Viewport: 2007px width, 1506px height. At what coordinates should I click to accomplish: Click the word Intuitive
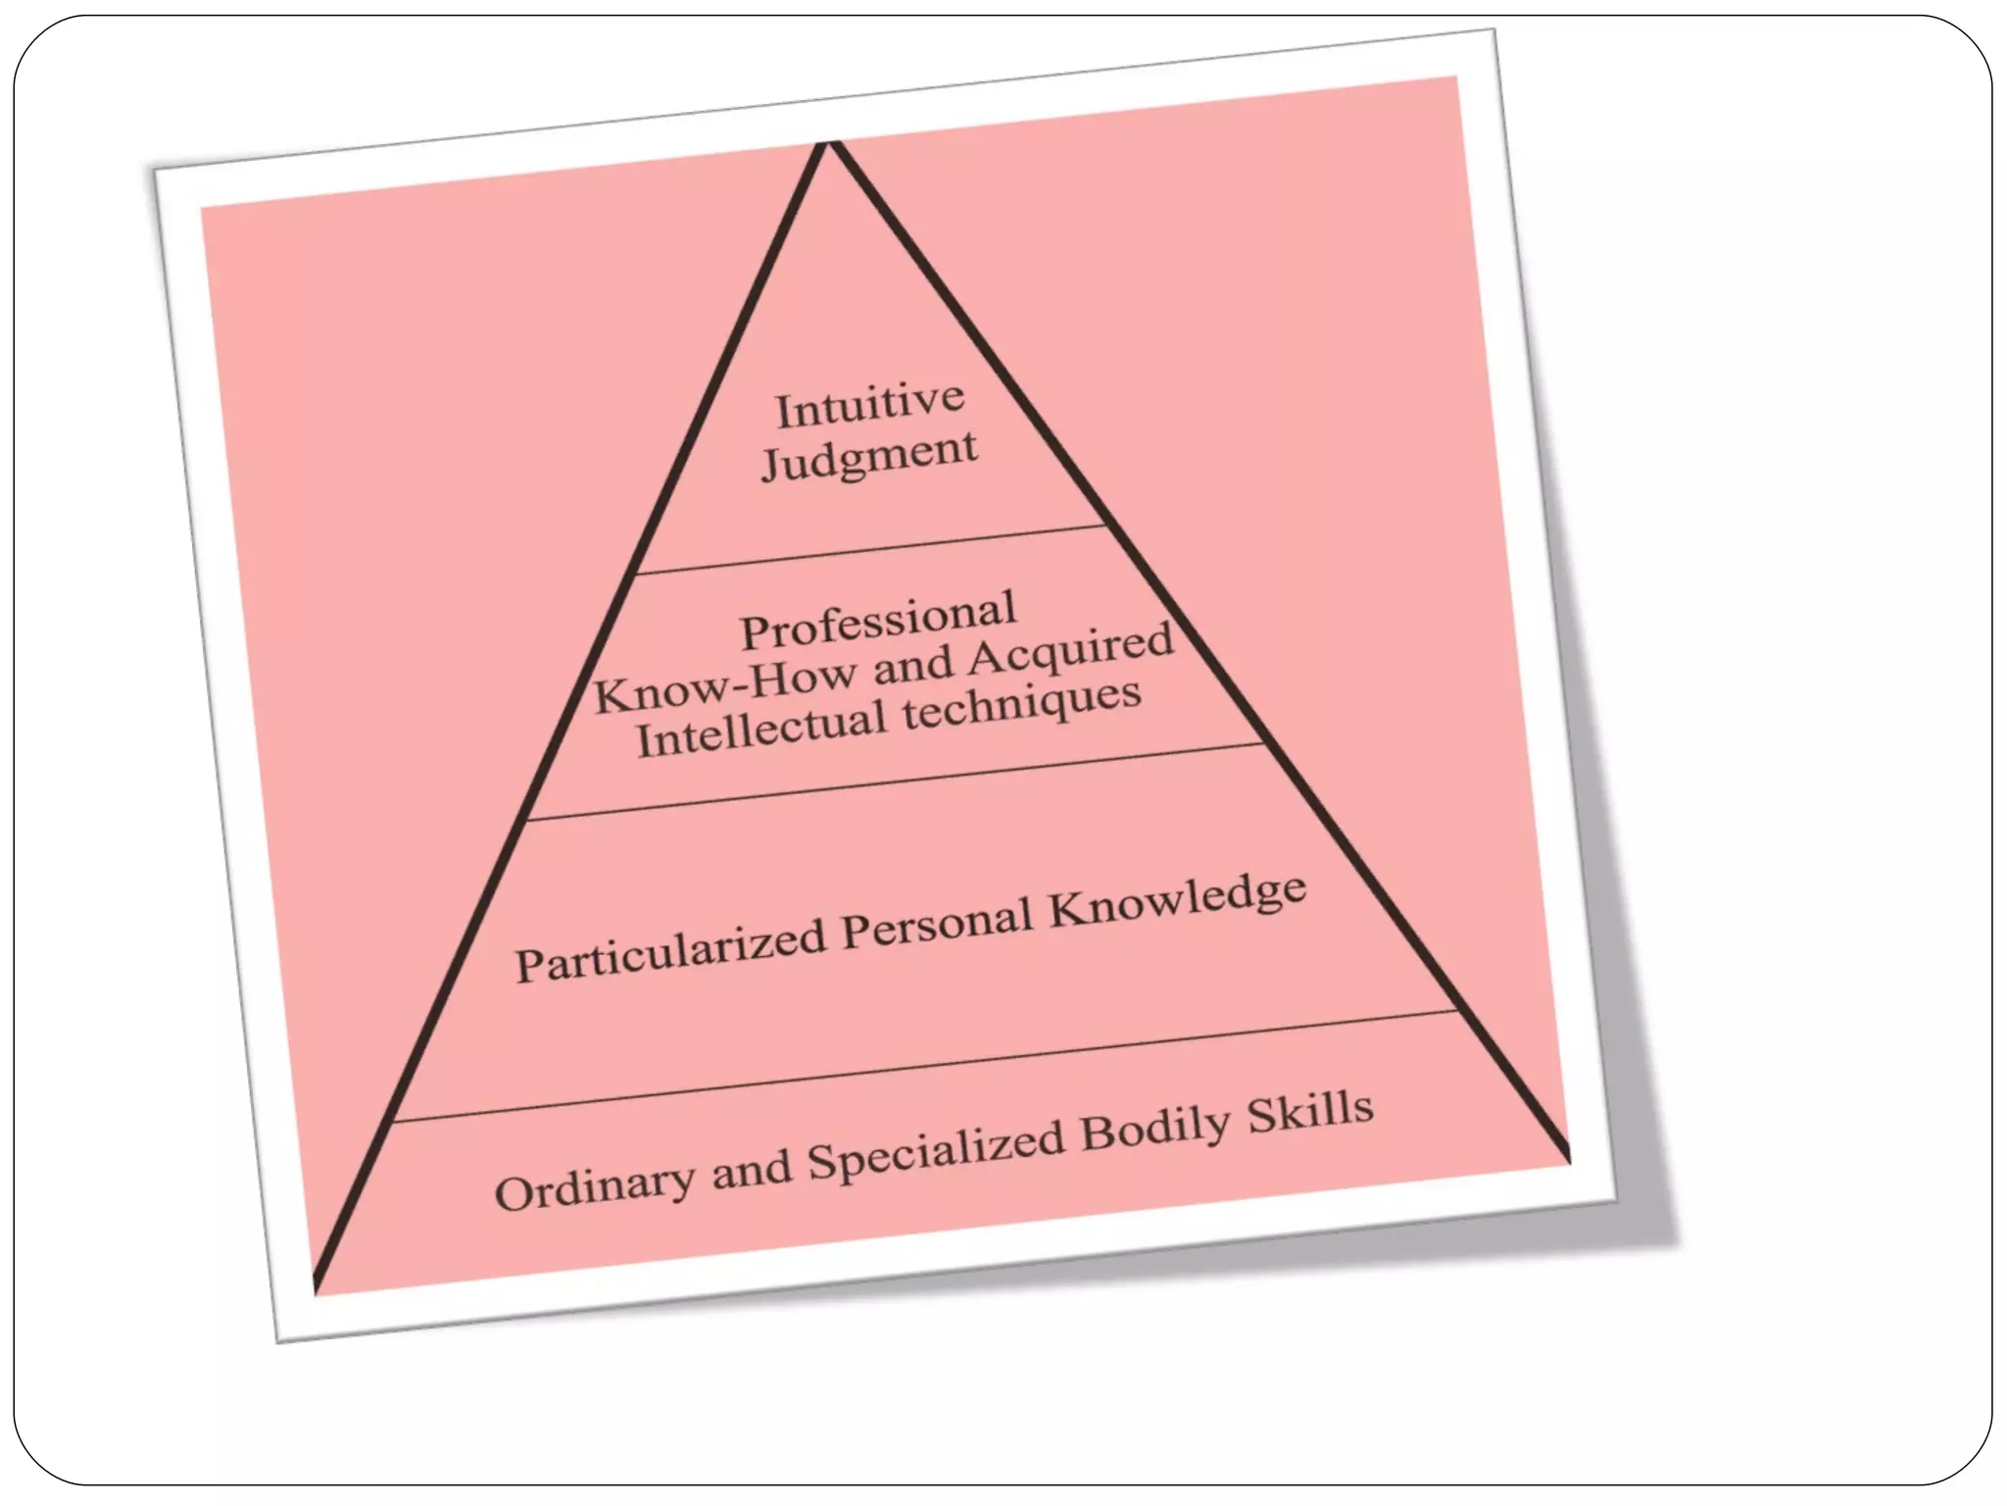870,405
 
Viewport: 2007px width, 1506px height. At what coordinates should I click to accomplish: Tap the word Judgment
869,457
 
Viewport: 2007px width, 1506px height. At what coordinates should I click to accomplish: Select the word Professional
878,620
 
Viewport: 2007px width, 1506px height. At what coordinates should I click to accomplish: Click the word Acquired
1070,652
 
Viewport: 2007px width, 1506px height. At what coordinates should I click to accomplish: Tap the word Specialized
936,1151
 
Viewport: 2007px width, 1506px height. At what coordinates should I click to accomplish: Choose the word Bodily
1154,1129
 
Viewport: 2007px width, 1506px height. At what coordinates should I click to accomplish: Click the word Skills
1310,1112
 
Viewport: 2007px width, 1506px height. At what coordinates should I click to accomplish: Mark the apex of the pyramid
829,143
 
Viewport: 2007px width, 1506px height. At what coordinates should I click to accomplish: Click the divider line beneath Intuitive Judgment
870,550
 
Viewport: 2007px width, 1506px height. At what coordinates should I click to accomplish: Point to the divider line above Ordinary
925,1066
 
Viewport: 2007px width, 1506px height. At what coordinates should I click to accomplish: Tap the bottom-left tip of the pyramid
316,1288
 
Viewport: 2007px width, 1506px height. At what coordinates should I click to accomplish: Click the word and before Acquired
912,668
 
